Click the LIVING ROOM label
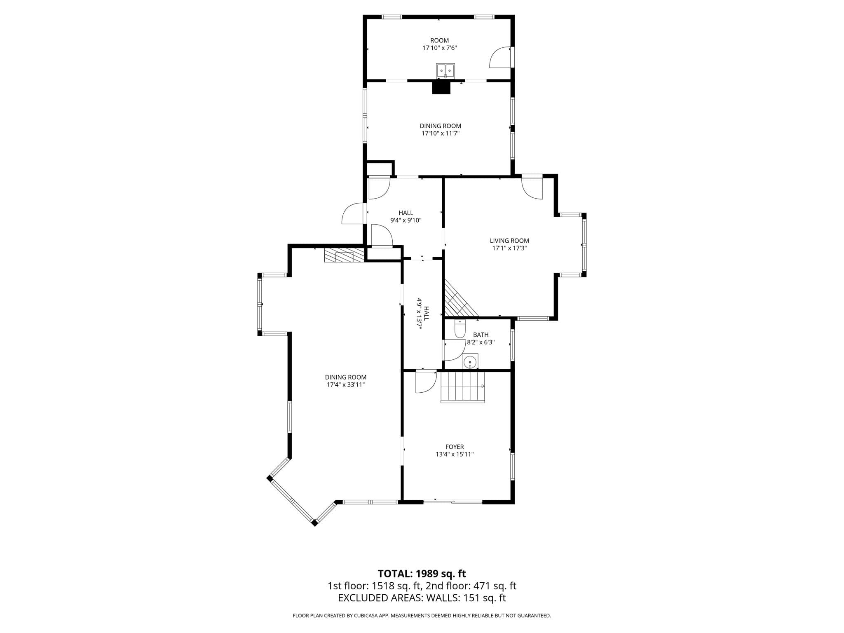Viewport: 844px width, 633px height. coord(509,241)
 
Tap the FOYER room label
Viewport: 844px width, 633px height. coord(455,447)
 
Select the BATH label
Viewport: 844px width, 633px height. coord(481,335)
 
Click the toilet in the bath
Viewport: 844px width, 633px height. coord(460,328)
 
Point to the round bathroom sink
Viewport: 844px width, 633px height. coord(470,361)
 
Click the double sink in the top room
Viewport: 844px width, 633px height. coord(445,70)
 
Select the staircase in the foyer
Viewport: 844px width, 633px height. coord(463,387)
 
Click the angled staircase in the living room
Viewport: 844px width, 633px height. coord(460,299)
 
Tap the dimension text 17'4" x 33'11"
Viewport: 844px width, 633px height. coord(346,384)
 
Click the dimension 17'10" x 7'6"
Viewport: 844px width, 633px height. coord(440,48)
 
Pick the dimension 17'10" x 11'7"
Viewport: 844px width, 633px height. coord(441,133)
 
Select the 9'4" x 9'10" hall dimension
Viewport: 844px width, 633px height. coord(406,220)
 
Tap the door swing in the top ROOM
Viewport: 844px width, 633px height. coord(499,58)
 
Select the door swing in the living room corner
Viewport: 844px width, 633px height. coord(532,188)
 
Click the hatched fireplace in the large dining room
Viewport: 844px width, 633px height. coord(344,255)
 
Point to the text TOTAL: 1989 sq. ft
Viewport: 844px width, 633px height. coord(422,573)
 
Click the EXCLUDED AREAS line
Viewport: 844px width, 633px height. coord(422,598)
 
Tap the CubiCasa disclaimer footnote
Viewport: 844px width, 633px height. coord(422,616)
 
